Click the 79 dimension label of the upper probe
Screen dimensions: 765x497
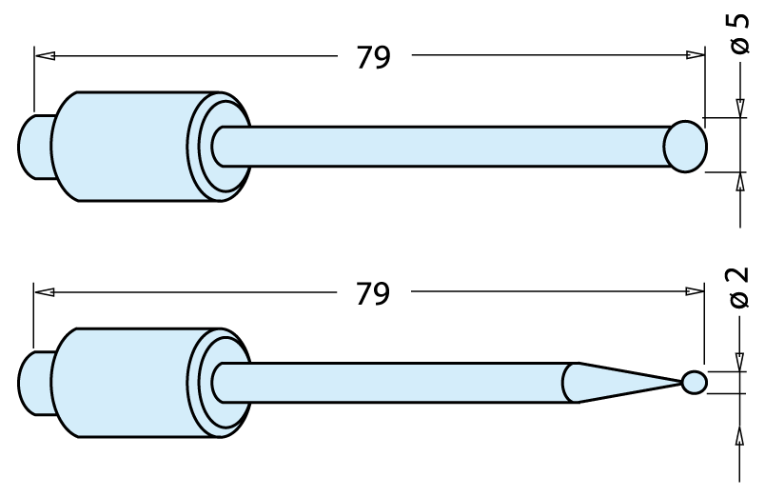coord(374,58)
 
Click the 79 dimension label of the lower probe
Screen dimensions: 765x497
coord(373,294)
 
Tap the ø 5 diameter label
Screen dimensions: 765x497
coord(739,33)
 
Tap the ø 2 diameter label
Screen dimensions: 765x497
coord(739,288)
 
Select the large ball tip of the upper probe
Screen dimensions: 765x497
coord(685,147)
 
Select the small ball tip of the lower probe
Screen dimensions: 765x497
coord(695,382)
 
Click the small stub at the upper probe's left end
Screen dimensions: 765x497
coord(35,147)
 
